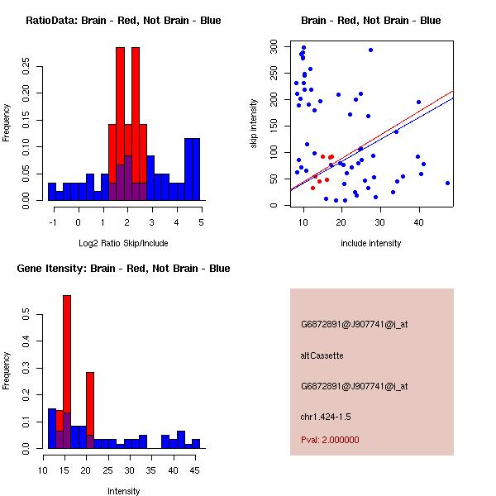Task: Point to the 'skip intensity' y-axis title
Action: pos(255,123)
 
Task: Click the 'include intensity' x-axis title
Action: pos(371,243)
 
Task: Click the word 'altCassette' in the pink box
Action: pos(322,355)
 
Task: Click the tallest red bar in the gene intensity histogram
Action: pos(67,372)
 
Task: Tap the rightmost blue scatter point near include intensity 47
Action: pos(447,183)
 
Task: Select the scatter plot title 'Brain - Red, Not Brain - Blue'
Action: pos(371,21)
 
